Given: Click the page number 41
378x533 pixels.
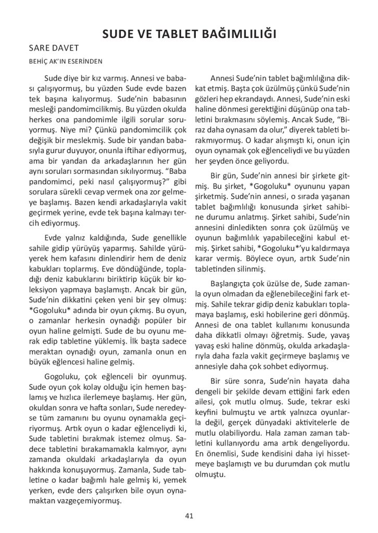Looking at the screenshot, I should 189,516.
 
